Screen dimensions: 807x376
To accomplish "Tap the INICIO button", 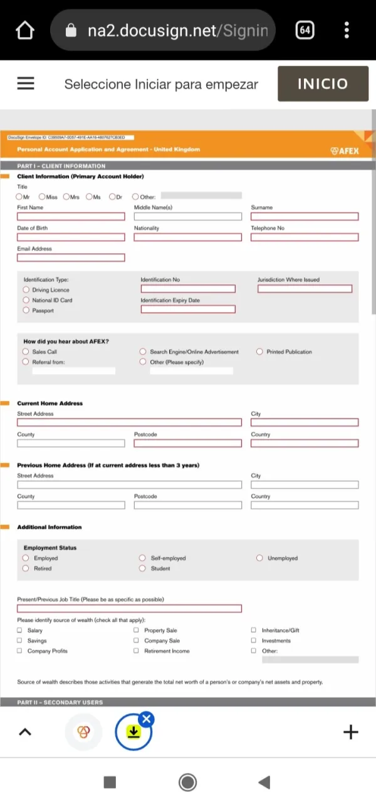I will click(322, 83).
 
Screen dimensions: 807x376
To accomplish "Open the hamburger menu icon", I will click(26, 83).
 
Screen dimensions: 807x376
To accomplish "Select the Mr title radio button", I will click(19, 197).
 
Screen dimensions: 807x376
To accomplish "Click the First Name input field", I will click(71, 217).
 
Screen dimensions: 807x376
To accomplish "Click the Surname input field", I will click(305, 217).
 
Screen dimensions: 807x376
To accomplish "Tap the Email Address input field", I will click(71, 258).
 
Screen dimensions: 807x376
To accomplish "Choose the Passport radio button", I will click(26, 310).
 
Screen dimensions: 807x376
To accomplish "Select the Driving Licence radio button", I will click(26, 290).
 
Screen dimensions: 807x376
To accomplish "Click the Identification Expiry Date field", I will click(188, 310).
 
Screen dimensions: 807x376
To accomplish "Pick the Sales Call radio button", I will click(26, 351).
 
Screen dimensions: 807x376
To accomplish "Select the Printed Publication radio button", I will click(259, 351).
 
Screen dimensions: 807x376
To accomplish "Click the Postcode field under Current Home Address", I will click(187, 444).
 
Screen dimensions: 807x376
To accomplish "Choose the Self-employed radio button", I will click(144, 558).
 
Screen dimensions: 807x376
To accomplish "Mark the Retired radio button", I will click(26, 568).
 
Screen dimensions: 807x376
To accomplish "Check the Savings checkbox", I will click(20, 641).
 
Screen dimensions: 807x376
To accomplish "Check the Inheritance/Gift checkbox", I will click(254, 630).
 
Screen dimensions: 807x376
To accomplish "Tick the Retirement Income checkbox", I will click(137, 651).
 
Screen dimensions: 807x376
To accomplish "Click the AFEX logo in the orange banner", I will click(345, 150).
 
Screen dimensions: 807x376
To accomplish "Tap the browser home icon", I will click(24, 30).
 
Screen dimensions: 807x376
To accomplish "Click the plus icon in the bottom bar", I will click(351, 732).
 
